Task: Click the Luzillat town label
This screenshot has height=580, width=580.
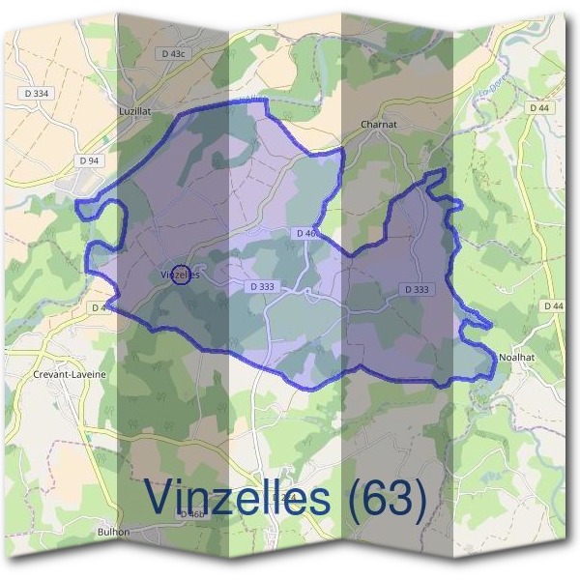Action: point(134,111)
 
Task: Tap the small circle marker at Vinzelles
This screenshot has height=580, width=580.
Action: point(178,274)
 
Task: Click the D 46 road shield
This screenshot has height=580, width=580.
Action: point(306,234)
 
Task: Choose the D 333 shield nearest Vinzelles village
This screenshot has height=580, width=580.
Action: point(262,287)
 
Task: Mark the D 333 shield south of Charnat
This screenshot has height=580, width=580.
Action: point(417,289)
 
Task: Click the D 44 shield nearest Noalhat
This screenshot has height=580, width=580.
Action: point(554,306)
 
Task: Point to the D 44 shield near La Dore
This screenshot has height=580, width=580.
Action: point(539,108)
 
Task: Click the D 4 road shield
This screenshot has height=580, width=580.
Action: point(100,307)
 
